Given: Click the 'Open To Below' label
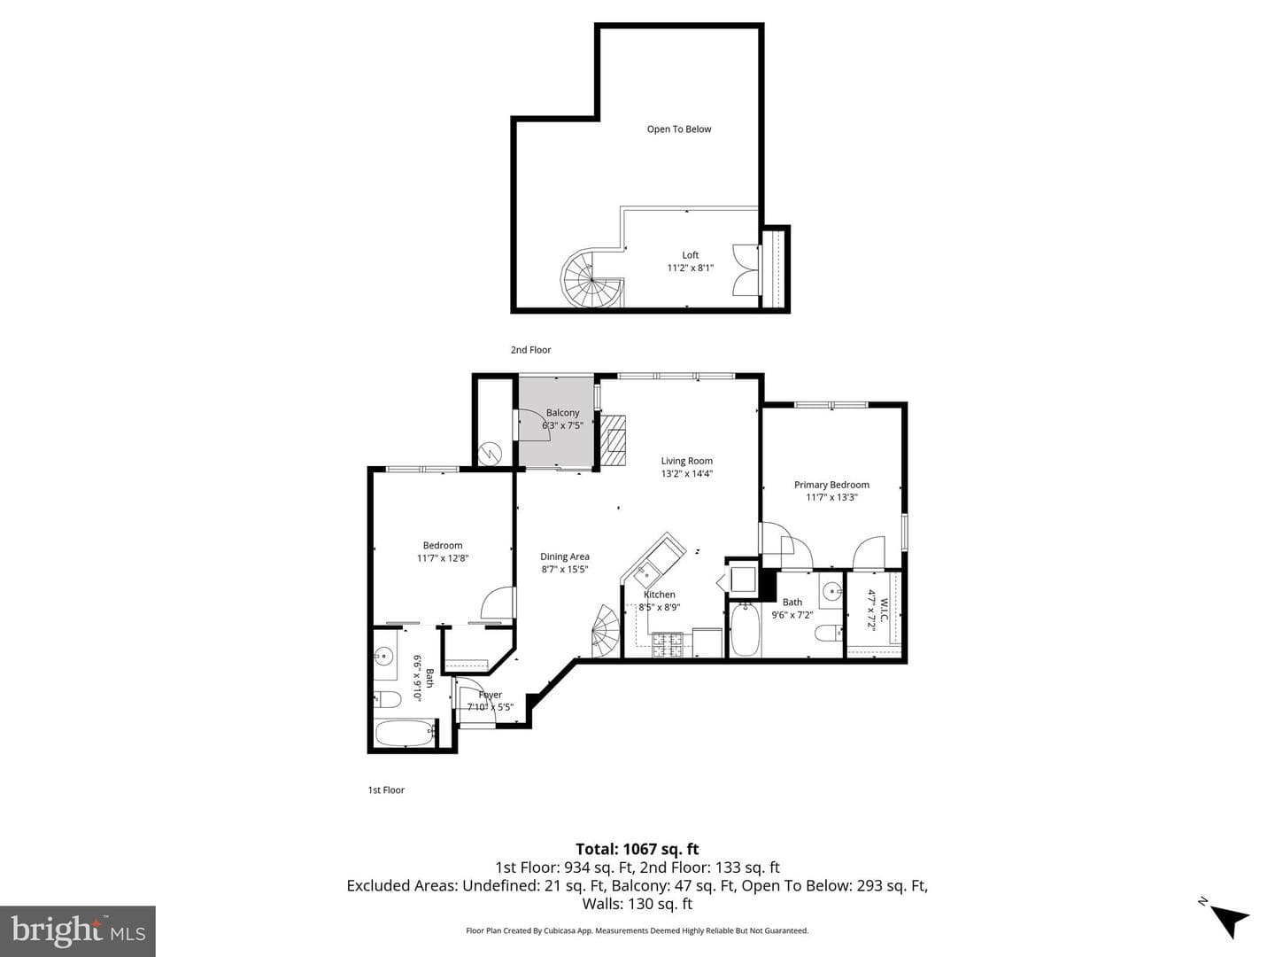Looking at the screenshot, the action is pyautogui.click(x=678, y=129).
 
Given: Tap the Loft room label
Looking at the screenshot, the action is pyautogui.click(x=690, y=255).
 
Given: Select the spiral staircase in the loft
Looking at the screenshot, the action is pyautogui.click(x=591, y=279).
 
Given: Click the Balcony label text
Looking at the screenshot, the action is pyautogui.click(x=562, y=413).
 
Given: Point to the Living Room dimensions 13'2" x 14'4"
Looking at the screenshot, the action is pyautogui.click(x=686, y=473).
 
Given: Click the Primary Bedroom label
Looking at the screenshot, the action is pyautogui.click(x=831, y=485).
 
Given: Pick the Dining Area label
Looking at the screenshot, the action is pyautogui.click(x=565, y=556).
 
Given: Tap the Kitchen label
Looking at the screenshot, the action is pyautogui.click(x=660, y=595).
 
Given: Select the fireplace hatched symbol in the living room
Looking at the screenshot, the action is pyautogui.click(x=613, y=440).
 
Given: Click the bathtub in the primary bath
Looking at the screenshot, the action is pyautogui.click(x=745, y=630).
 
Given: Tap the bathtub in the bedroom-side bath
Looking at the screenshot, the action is pyautogui.click(x=405, y=733).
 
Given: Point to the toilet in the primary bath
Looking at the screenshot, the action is pyautogui.click(x=829, y=633).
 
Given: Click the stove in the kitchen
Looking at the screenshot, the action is pyautogui.click(x=667, y=645).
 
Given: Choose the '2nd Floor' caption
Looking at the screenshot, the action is pyautogui.click(x=530, y=350).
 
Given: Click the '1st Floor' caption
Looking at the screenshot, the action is pyautogui.click(x=386, y=790).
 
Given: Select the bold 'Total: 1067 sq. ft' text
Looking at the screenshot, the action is pyautogui.click(x=637, y=849).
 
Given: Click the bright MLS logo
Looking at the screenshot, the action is pyautogui.click(x=78, y=930).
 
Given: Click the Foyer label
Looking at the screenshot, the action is pyautogui.click(x=491, y=695).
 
